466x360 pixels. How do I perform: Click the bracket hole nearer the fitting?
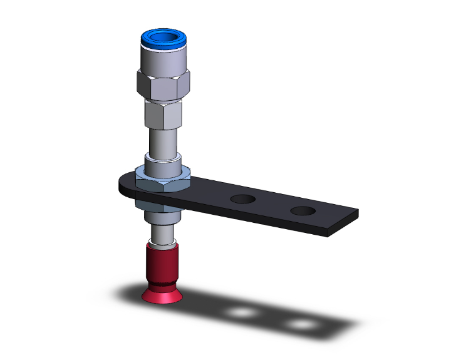[x=242, y=200]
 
